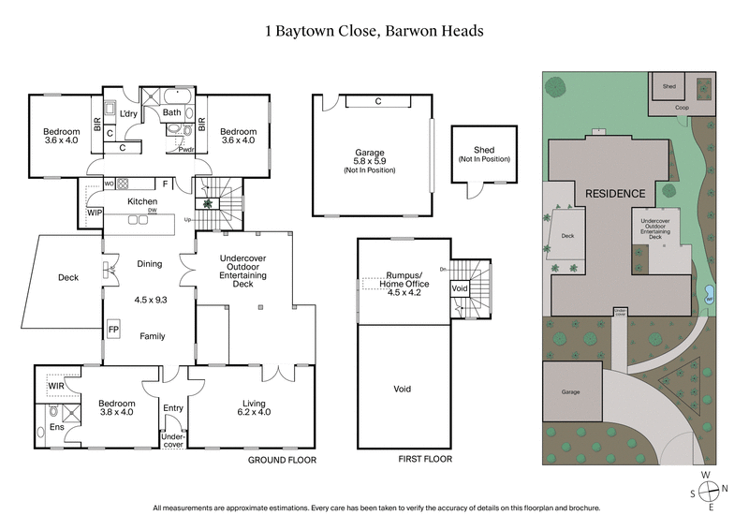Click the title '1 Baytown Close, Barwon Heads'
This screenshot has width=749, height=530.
pos(374,31)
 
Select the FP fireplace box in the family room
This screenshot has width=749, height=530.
pos(113,330)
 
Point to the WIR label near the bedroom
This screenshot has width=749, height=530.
pos(56,384)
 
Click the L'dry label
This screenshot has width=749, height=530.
pos(130,113)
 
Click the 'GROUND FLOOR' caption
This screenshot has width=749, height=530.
pos(282,461)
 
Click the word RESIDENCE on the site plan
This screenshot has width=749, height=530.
pos(615,194)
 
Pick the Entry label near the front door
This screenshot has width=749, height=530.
pos(173,408)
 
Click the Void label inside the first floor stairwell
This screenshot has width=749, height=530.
pos(460,289)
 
